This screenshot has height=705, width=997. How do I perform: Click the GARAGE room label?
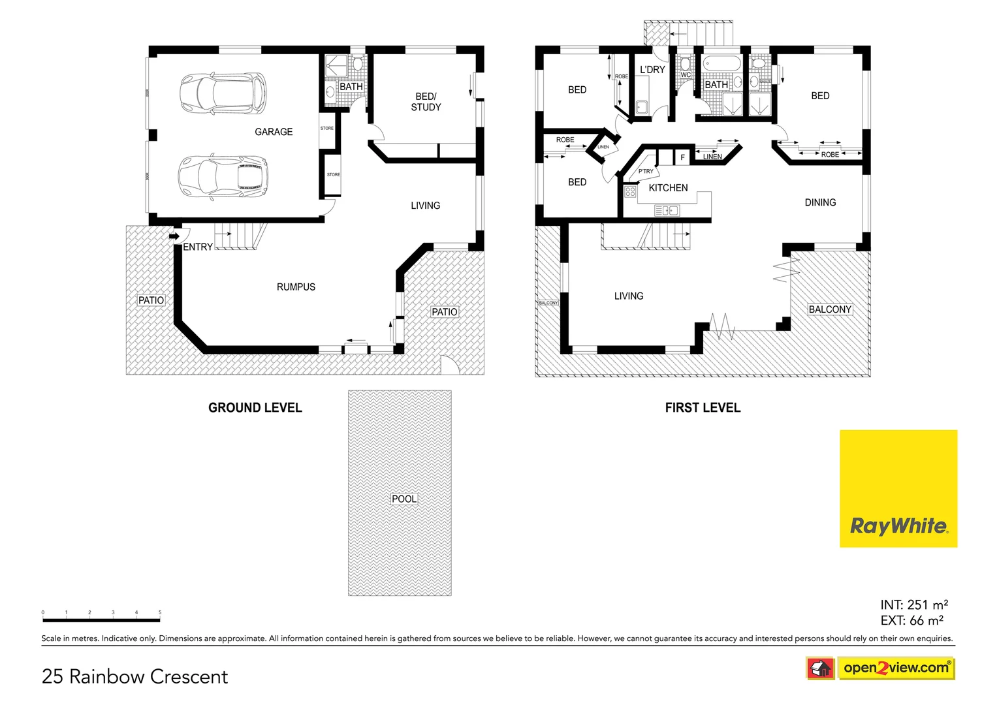[x=274, y=132]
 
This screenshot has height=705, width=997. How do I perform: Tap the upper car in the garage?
[x=223, y=92]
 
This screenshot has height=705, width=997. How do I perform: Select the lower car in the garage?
[x=223, y=176]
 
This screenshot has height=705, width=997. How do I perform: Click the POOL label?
[x=404, y=499]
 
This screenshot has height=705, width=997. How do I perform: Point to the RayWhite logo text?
[x=898, y=526]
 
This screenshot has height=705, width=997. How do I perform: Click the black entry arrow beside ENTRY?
[x=174, y=236]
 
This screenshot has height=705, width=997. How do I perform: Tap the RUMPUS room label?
[x=296, y=287]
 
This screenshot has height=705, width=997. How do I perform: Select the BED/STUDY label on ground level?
[x=426, y=102]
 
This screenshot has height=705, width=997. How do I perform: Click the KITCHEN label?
[x=668, y=188]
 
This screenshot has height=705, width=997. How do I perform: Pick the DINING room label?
[x=820, y=203]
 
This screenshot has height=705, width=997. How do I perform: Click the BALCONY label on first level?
[x=830, y=309]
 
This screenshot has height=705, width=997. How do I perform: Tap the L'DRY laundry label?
[x=652, y=70]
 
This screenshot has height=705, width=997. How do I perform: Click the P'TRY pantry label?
[x=646, y=172]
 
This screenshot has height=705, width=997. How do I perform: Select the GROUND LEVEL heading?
[x=255, y=408]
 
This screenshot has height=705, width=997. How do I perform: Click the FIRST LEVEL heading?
[x=703, y=408]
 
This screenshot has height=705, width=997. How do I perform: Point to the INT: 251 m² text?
[x=913, y=605]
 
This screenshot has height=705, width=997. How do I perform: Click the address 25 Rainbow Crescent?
[x=135, y=677]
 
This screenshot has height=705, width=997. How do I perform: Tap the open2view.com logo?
[x=895, y=668]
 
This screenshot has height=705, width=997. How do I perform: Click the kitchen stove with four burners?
[x=630, y=192]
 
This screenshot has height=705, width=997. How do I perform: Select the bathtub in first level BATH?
[x=721, y=65]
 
